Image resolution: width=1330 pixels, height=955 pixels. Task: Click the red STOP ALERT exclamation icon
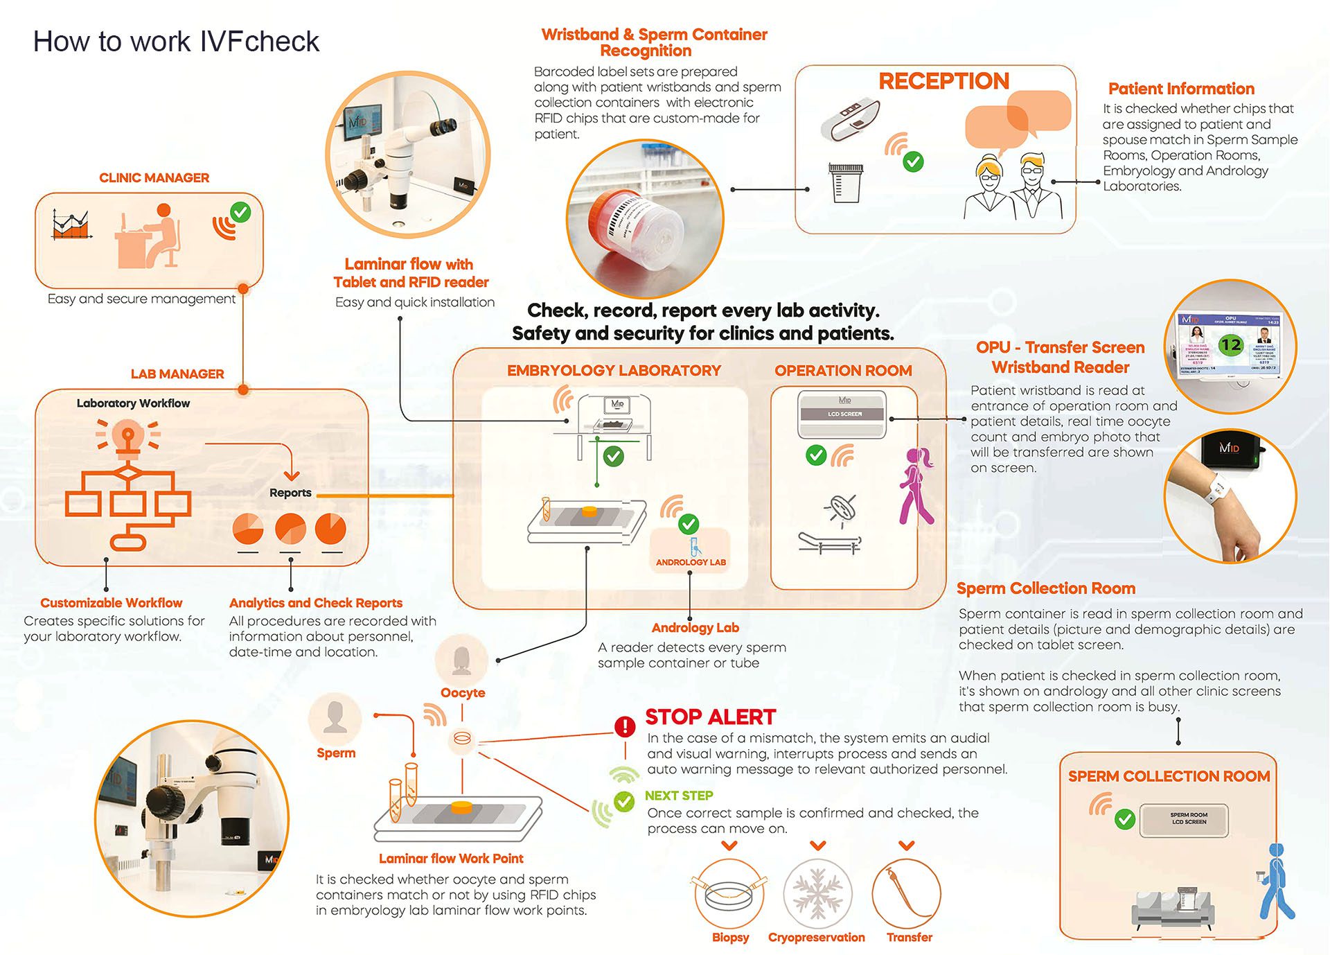[625, 726]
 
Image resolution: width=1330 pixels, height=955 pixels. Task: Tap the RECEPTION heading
[943, 81]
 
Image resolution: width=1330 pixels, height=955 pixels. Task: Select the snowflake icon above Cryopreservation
[817, 894]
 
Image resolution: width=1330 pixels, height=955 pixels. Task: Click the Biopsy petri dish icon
[729, 894]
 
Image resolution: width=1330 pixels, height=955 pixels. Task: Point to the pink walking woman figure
[916, 485]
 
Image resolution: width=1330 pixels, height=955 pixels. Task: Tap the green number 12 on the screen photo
[1230, 344]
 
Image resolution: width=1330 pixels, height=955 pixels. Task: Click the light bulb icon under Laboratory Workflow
[127, 438]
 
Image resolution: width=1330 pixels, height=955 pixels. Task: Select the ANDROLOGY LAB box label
[691, 562]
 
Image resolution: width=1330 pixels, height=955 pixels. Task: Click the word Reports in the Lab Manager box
[290, 493]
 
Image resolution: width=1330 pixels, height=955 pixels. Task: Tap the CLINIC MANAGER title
[154, 178]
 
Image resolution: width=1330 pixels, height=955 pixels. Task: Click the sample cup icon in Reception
[845, 182]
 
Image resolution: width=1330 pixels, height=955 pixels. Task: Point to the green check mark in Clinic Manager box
[240, 211]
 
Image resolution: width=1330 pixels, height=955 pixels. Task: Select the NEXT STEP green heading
[678, 796]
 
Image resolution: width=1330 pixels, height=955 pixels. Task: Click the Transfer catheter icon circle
[906, 894]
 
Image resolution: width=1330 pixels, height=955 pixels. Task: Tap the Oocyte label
[463, 692]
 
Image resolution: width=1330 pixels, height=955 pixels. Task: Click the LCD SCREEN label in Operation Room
[844, 414]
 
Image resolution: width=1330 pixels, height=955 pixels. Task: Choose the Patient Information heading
[1181, 89]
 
